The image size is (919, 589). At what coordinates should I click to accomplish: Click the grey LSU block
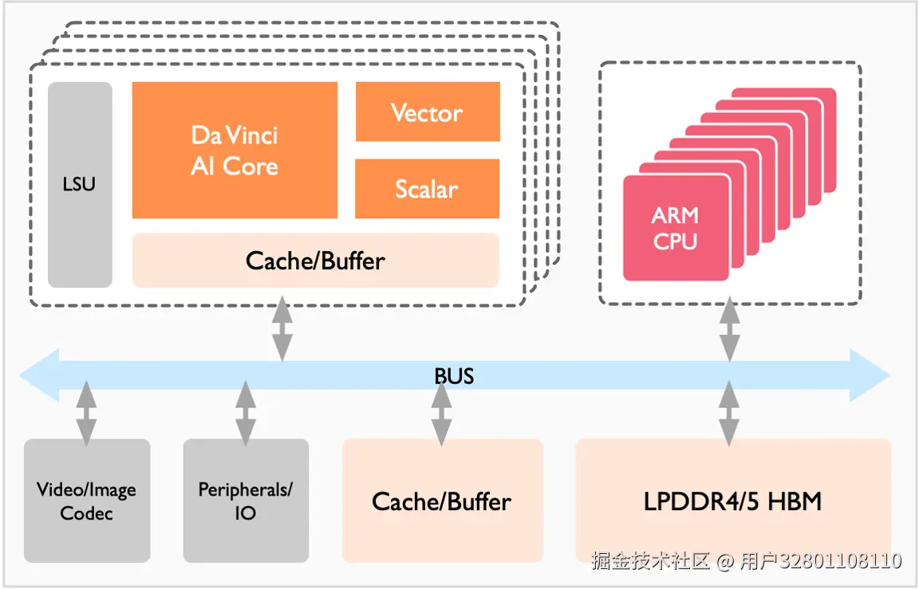[80, 184]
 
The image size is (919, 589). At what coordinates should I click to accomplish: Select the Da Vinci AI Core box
[235, 150]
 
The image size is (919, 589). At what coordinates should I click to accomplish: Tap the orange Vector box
[428, 112]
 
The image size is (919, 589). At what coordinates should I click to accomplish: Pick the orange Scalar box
[427, 189]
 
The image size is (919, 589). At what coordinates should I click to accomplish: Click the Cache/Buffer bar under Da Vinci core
[315, 260]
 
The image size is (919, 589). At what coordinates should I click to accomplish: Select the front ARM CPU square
[676, 228]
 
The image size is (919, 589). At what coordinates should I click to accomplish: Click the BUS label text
[454, 375]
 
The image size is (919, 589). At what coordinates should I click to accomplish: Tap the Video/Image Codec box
[86, 501]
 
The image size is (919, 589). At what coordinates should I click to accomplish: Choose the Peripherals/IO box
[246, 501]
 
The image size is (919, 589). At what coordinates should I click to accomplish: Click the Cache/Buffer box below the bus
[442, 501]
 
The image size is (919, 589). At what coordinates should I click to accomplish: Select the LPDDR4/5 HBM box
[732, 501]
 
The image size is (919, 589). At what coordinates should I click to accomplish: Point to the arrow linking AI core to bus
[282, 328]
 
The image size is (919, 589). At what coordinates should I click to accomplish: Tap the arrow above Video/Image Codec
[86, 412]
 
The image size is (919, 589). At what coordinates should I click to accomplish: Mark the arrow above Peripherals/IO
[246, 412]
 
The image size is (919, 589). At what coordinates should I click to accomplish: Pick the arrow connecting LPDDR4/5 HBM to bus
[729, 412]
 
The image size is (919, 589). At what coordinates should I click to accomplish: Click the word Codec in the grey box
[86, 512]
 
